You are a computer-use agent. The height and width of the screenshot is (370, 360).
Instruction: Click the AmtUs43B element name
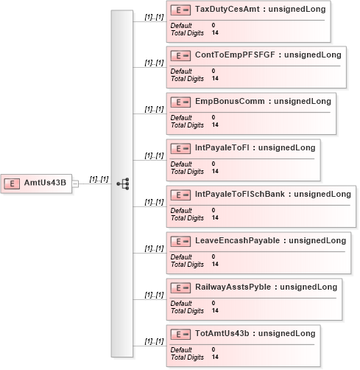tap(45, 183)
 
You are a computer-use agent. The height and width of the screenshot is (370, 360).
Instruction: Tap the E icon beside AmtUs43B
tap(12, 184)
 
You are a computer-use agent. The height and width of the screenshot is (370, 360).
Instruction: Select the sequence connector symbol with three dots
tap(123, 184)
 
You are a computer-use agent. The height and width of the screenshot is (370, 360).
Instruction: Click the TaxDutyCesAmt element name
tap(227, 9)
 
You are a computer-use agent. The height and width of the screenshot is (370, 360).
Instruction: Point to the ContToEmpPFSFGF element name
tap(235, 55)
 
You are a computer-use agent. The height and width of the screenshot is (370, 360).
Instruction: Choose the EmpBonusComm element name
tap(230, 101)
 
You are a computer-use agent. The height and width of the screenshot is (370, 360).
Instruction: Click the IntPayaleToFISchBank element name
tap(240, 194)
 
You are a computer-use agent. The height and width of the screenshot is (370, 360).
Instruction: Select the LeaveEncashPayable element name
tap(237, 240)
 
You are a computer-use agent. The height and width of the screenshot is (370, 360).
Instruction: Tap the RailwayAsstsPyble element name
tap(233, 287)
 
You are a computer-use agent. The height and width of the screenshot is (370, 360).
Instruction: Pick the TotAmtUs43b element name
tap(222, 333)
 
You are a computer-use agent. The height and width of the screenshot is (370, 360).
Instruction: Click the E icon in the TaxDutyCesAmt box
tap(180, 10)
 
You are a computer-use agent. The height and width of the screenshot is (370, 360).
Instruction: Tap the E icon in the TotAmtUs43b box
tap(180, 335)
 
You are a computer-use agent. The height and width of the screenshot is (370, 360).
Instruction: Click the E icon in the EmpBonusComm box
tap(180, 102)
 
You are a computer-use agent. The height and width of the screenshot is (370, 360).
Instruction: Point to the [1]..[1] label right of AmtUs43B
tap(99, 179)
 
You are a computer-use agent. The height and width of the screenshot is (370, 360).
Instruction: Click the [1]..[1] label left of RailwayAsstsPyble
tap(154, 295)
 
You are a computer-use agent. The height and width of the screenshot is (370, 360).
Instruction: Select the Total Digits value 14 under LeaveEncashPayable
tap(215, 264)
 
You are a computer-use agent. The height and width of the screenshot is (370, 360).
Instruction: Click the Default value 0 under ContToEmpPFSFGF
tap(213, 71)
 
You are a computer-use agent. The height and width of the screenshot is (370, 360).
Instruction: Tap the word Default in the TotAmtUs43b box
tap(181, 350)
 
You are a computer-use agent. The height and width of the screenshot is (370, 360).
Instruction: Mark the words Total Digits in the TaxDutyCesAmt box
tap(187, 33)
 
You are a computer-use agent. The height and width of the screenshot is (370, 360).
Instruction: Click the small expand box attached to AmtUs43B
tap(75, 184)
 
